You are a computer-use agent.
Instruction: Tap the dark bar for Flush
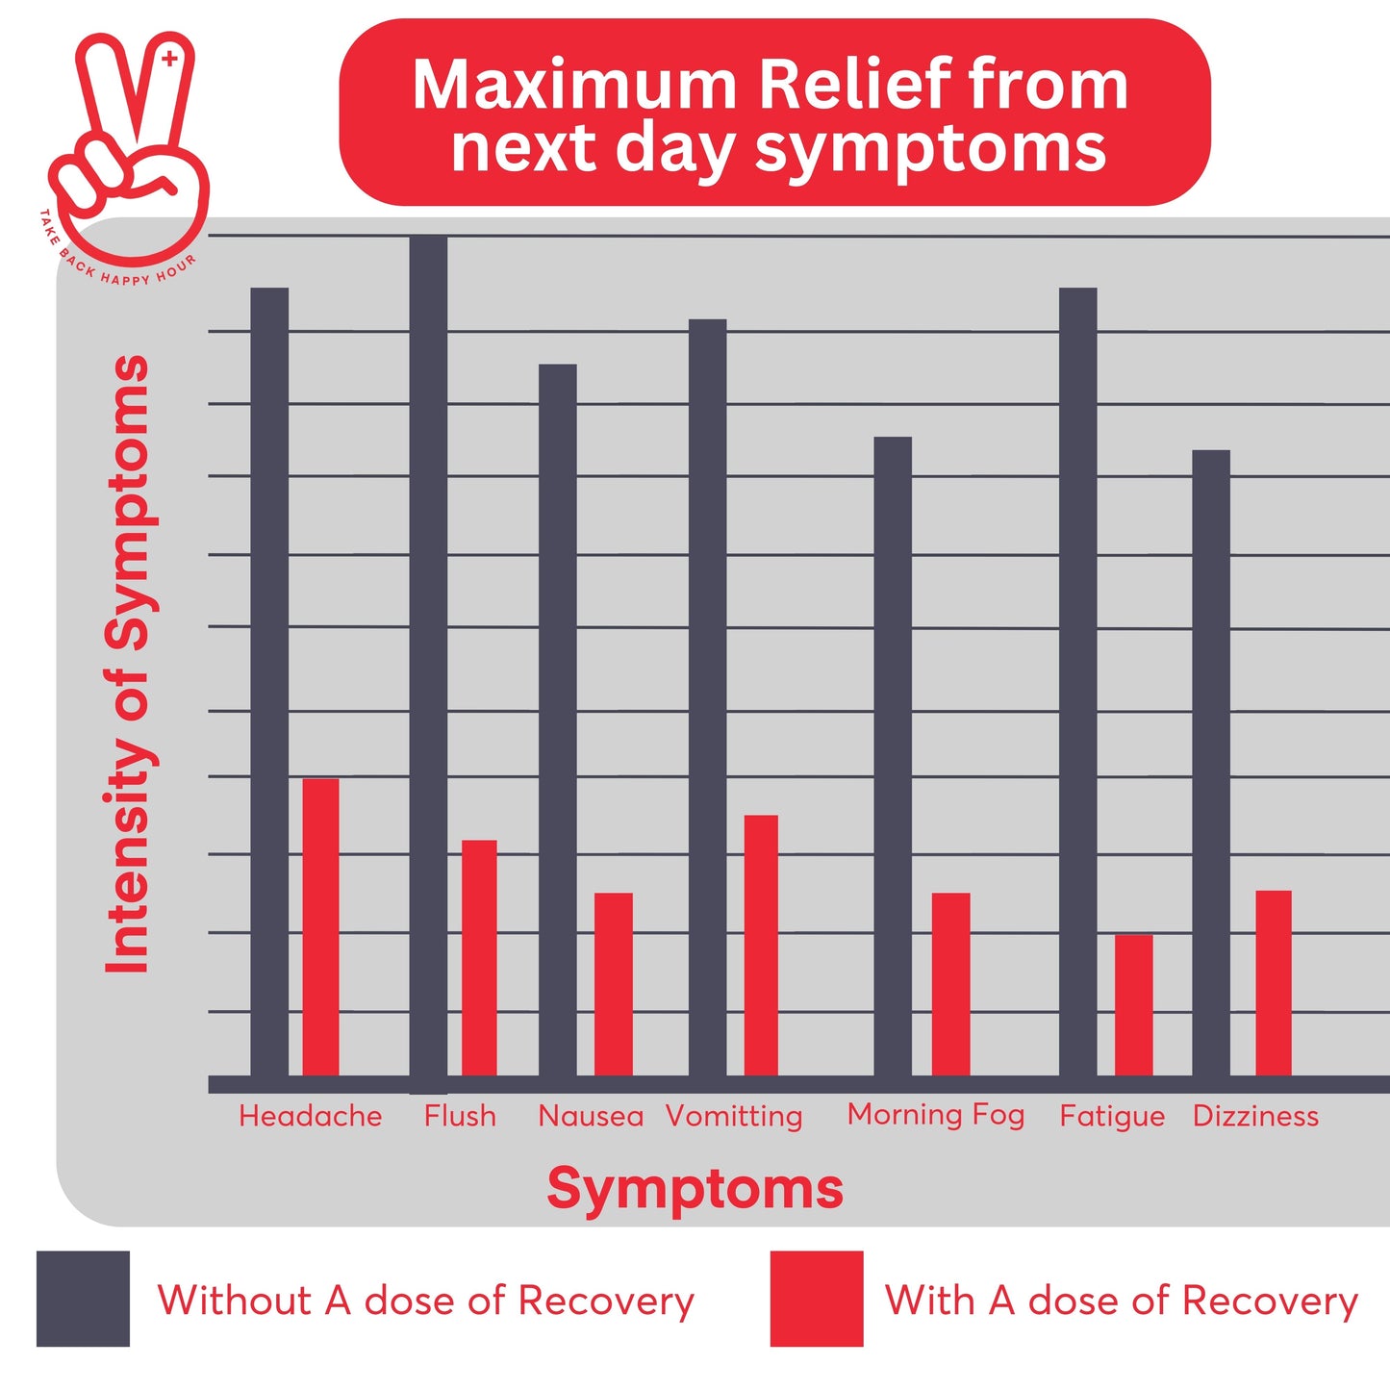click(428, 664)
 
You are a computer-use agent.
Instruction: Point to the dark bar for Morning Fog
click(893, 756)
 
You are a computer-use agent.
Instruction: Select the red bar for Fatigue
click(1133, 1004)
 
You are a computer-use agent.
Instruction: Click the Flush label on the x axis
click(460, 1116)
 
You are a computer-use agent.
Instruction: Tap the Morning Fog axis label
click(935, 1115)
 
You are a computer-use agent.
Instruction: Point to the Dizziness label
click(1255, 1116)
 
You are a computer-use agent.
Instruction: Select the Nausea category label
click(591, 1116)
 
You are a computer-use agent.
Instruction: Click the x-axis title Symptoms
click(695, 1189)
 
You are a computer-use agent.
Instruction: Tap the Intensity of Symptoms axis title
click(128, 664)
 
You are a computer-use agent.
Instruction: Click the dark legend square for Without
click(83, 1298)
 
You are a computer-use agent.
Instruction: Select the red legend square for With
click(817, 1298)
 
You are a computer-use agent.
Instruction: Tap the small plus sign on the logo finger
click(170, 60)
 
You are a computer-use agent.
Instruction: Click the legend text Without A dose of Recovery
click(425, 1301)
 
